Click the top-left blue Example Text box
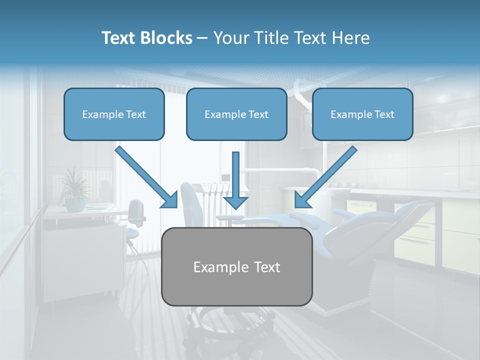point(114,114)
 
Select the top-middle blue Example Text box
point(236,114)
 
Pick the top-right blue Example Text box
point(362,114)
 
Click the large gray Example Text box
point(237,266)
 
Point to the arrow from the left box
point(146,177)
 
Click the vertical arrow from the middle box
point(235,180)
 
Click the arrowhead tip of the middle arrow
point(235,207)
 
